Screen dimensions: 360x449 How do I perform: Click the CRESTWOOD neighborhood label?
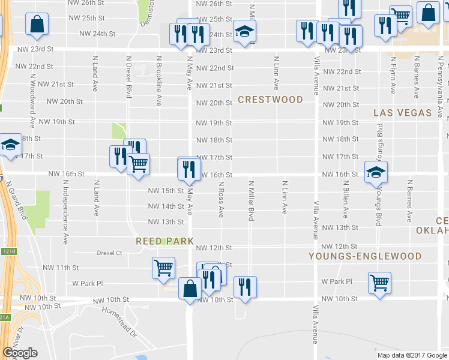click(x=270, y=100)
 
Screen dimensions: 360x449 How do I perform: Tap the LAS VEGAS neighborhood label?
click(x=402, y=113)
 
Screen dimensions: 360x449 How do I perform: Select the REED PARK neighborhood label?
click(x=164, y=241)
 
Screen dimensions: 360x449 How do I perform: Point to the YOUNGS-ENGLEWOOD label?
click(x=365, y=256)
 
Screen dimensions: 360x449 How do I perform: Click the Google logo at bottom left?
click(x=20, y=353)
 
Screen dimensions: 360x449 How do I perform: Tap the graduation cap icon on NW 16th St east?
click(x=376, y=172)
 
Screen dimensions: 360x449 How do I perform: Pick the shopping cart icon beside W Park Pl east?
click(x=379, y=281)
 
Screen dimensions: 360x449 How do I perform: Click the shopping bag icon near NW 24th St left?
click(x=37, y=24)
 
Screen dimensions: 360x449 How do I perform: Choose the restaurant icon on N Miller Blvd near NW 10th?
click(x=244, y=287)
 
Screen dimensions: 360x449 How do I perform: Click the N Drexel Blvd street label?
click(x=128, y=77)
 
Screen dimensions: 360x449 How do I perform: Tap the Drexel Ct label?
click(x=109, y=253)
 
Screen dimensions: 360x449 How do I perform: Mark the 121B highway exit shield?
click(x=7, y=251)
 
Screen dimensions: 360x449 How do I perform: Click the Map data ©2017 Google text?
click(x=412, y=355)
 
